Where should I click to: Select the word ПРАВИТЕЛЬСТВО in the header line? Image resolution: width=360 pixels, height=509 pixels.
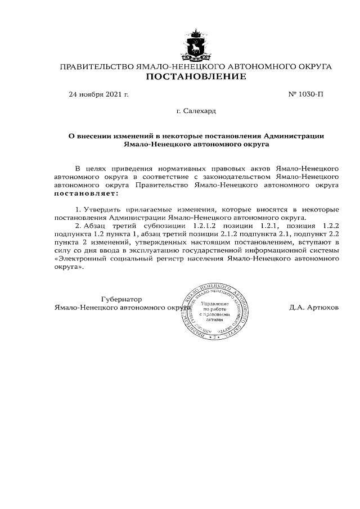tap(97, 67)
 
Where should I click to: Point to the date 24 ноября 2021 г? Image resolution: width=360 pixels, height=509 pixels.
tap(98, 94)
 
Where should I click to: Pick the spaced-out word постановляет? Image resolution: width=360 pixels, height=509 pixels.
tap(86, 194)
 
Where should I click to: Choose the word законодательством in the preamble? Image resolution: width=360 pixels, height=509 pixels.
tap(232, 176)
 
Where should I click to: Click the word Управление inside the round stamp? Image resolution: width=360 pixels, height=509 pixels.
tap(214, 304)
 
